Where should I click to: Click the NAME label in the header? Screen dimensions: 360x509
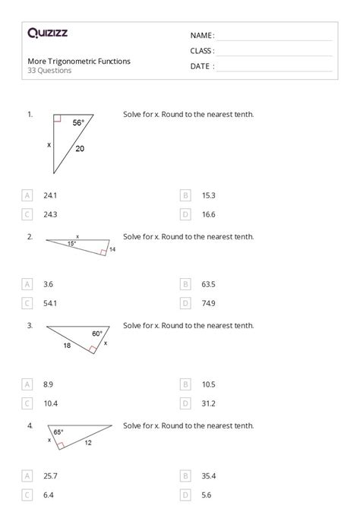[x=202, y=36]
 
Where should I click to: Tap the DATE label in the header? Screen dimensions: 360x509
[x=202, y=66]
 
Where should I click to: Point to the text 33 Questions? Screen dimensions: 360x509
[x=49, y=71]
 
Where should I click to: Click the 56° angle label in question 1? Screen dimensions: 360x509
[x=78, y=123]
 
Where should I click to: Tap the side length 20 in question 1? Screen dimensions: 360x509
[x=80, y=149]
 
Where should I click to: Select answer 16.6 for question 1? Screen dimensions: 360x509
[x=208, y=214]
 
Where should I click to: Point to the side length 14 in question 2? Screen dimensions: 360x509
[x=112, y=249]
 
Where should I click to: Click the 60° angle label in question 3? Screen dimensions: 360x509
[x=97, y=334]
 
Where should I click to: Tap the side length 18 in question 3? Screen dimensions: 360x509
[x=66, y=346]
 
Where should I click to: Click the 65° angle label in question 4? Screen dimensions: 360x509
[x=58, y=432]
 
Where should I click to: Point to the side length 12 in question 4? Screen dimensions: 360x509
[x=87, y=443]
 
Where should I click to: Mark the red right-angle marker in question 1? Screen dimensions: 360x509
[x=57, y=119]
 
